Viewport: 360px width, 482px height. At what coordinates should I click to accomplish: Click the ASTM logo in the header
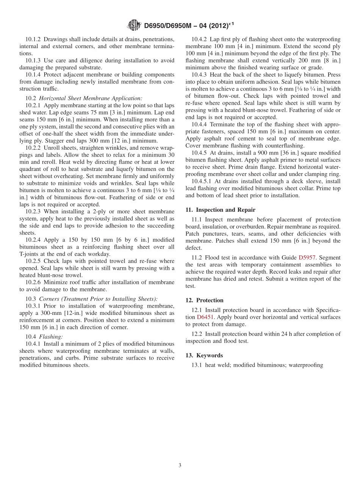pyautogui.click(x=134, y=26)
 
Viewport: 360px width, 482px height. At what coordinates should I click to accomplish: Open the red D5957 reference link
pyautogui.click(x=307, y=258)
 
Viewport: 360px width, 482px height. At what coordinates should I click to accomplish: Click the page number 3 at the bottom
pyautogui.click(x=180, y=465)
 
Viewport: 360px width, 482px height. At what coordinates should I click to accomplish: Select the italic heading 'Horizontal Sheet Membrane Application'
pyautogui.click(x=91, y=99)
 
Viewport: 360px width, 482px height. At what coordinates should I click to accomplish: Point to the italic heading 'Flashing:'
pyautogui.click(x=51, y=336)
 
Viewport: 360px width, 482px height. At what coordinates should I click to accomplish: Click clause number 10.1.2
pyautogui.click(x=33, y=39)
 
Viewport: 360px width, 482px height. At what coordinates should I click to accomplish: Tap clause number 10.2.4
pyautogui.click(x=33, y=240)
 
